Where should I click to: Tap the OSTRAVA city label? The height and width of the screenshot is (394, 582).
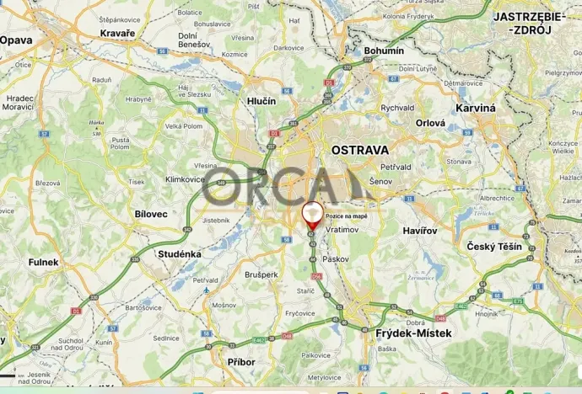pyautogui.click(x=360, y=150)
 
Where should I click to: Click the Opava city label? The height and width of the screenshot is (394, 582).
pyautogui.click(x=15, y=40)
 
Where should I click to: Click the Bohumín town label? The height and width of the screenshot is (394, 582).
pyautogui.click(x=384, y=51)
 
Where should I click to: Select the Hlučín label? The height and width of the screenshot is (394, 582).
pyautogui.click(x=261, y=101)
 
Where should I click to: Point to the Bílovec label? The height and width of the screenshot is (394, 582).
pyautogui.click(x=151, y=214)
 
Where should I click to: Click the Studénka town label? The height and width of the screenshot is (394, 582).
pyautogui.click(x=179, y=253)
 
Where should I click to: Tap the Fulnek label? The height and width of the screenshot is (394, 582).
pyautogui.click(x=43, y=262)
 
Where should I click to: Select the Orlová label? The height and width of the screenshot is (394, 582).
pyautogui.click(x=430, y=122)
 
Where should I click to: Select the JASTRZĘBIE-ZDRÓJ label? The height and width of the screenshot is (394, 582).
pyautogui.click(x=522, y=23)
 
